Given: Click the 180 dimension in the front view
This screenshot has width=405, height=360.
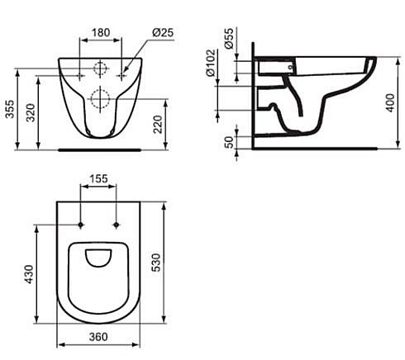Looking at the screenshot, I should tap(100, 33).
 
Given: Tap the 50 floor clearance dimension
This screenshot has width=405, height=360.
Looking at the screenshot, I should tap(229, 136).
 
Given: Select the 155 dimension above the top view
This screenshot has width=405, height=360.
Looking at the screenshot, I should tap(98, 178).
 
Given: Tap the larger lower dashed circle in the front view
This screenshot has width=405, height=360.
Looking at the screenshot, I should tap(100, 99).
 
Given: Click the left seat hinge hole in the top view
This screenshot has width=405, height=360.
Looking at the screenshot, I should tap(81, 225).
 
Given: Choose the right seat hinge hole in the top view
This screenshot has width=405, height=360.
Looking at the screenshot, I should tap(117, 225).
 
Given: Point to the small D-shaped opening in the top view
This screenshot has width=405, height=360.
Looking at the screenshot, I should tap(99, 259).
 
